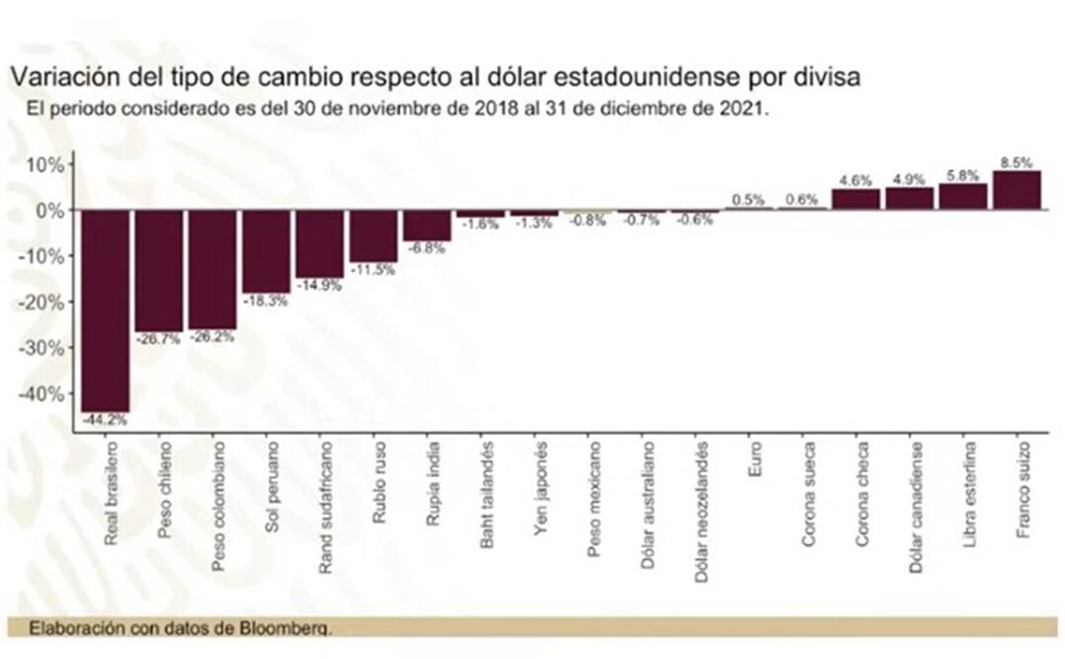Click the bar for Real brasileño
pos(105,311)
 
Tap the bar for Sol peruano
pos(266,251)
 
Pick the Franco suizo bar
pos(1017,190)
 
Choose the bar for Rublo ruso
pos(373,235)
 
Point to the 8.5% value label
pos(1017,162)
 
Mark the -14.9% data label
pos(319,285)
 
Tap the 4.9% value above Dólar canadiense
pos(909,179)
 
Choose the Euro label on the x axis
pos(754,467)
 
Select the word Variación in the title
pos(56,76)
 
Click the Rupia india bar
pos(427,226)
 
